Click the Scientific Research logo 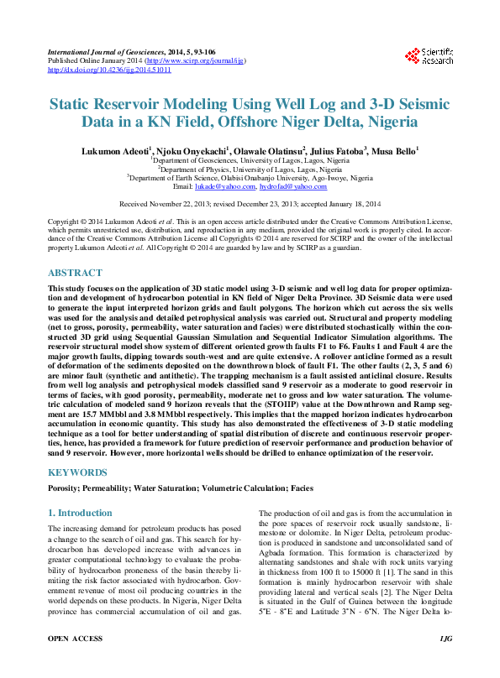(429, 56)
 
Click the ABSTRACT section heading (76, 274)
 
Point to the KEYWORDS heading (78, 472)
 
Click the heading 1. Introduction (80, 513)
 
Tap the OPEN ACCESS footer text (75, 662)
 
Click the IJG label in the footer (445, 662)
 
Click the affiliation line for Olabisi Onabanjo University (250, 178)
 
